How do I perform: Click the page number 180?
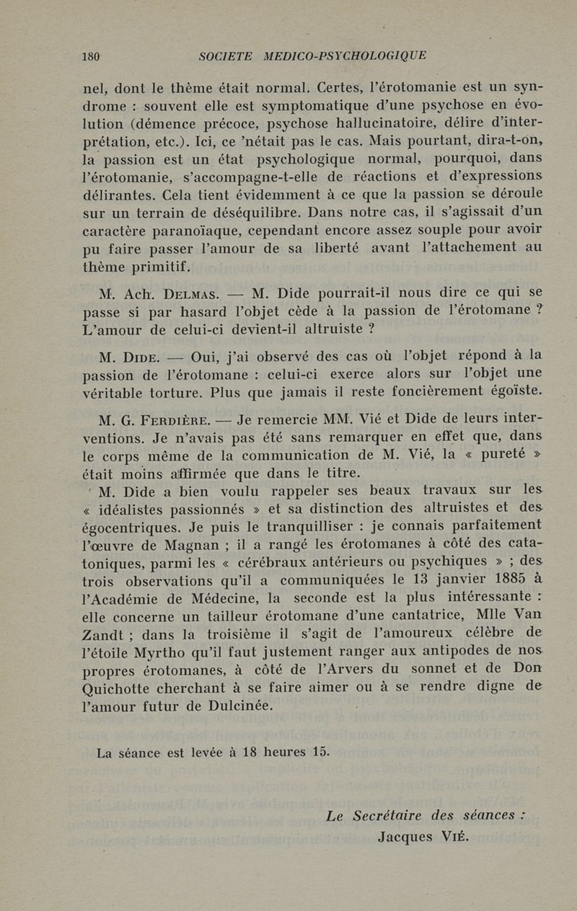[91, 56]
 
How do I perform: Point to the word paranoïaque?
[177, 228]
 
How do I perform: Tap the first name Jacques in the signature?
[408, 837]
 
